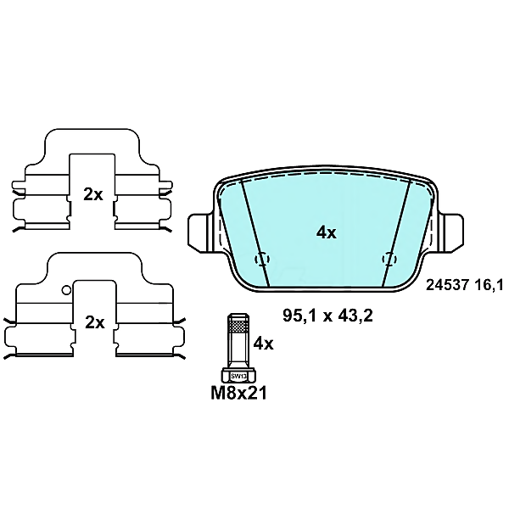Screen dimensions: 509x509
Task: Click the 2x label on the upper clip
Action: pos(93,193)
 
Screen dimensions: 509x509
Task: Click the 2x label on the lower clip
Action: pos(93,322)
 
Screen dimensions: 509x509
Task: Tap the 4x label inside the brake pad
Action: pos(327,232)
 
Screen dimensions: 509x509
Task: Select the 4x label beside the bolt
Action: pos(264,343)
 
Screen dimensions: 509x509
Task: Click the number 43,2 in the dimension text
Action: pos(356,315)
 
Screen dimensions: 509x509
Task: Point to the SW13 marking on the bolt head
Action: pos(238,376)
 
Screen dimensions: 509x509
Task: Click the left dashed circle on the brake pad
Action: pos(262,259)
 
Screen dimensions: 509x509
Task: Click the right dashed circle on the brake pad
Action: pos(389,259)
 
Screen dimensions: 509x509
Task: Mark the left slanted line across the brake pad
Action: pos(255,233)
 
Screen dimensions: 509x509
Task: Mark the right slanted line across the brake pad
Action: pos(397,233)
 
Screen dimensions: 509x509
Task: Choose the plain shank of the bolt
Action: pos(238,350)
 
